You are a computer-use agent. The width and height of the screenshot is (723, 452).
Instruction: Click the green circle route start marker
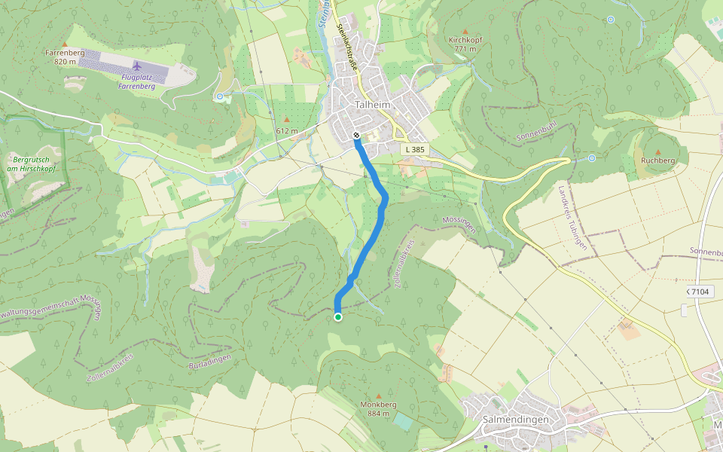(337, 317)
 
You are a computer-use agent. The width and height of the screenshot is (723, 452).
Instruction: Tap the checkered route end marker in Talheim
(356, 136)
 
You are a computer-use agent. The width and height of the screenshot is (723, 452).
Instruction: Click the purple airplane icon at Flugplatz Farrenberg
(137, 64)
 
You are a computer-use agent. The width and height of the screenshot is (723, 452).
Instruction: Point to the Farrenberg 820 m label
(64, 56)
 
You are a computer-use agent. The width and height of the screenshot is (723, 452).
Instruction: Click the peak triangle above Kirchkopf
(465, 31)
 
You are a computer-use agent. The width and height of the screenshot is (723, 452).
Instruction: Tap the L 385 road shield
(414, 150)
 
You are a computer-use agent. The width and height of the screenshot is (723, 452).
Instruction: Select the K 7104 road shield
(698, 291)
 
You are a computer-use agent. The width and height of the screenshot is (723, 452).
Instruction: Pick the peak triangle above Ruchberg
(657, 151)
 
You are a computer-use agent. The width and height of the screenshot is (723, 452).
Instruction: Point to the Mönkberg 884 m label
(378, 408)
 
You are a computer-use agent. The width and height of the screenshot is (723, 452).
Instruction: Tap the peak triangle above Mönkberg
(379, 395)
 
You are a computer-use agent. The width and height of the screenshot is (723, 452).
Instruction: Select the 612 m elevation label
(286, 131)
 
